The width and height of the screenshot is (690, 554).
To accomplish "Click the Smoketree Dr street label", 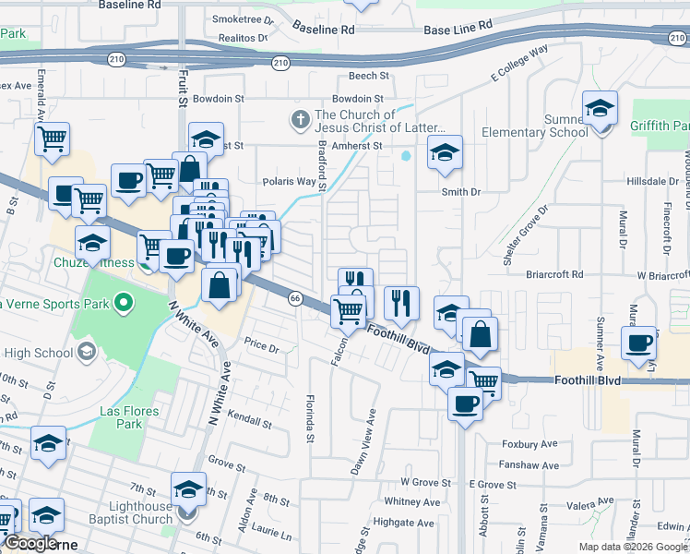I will click(x=243, y=18).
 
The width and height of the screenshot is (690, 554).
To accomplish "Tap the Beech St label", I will click(x=365, y=76).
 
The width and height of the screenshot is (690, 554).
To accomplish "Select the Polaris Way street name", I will click(x=290, y=181).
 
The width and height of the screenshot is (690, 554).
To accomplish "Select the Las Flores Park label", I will click(x=130, y=417).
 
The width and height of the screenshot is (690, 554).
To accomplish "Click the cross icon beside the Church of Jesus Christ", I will click(x=300, y=119).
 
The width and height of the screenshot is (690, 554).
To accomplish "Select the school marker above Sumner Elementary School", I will click(x=600, y=110).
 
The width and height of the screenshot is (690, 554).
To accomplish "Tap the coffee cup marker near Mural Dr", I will click(x=638, y=343).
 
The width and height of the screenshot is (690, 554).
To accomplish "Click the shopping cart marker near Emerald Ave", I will click(x=53, y=138).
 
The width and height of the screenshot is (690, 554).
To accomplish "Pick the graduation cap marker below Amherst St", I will click(x=445, y=152).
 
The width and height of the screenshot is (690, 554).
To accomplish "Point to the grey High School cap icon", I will click(x=86, y=351).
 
